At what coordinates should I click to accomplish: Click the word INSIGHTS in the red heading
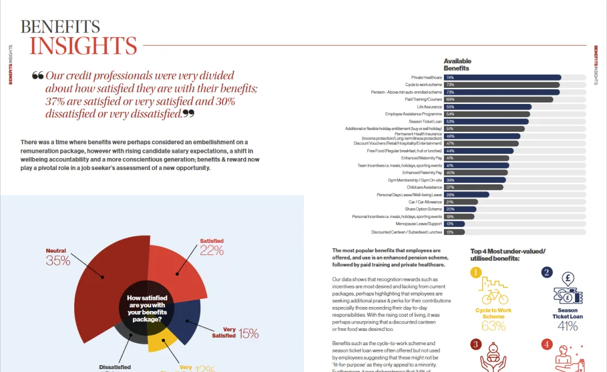click(83, 46)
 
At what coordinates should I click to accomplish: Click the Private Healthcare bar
click(502, 78)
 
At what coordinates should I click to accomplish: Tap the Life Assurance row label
click(429, 107)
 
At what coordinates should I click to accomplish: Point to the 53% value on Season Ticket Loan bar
click(450, 122)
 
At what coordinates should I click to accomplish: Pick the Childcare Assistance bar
click(473, 187)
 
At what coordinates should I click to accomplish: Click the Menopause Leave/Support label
click(419, 224)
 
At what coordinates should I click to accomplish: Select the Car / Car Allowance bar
click(460, 202)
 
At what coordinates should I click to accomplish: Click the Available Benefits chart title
click(457, 64)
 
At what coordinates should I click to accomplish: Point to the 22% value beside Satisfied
click(212, 250)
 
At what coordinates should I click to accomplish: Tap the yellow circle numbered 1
click(476, 272)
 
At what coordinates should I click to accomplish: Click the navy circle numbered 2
click(547, 272)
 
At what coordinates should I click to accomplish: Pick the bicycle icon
click(494, 297)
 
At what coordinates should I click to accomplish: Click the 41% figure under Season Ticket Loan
click(568, 326)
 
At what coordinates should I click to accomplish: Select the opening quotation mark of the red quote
click(38, 76)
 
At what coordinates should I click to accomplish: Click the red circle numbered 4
click(547, 344)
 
